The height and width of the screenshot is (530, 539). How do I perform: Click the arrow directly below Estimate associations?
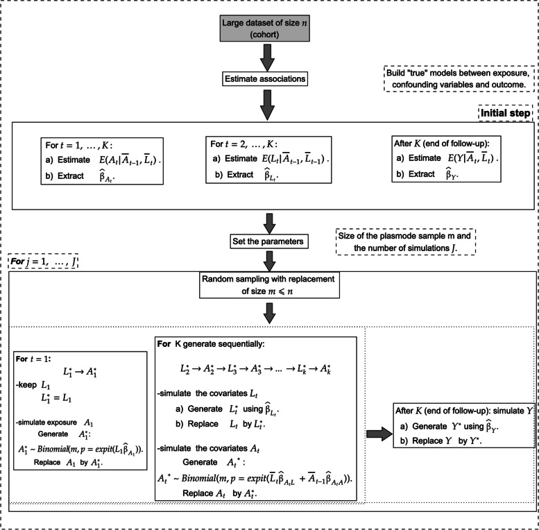coord(269,109)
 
